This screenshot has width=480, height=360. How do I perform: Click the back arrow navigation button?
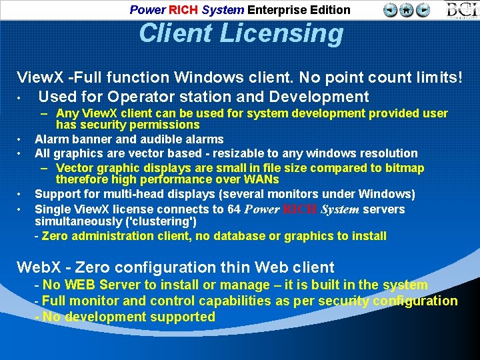pos(391,9)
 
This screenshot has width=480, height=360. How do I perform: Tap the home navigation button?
pos(407,9)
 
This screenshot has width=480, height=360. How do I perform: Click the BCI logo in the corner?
pos(461,9)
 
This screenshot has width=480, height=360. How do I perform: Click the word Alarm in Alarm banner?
pos(50,139)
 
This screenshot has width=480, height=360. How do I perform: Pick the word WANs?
pos(262,179)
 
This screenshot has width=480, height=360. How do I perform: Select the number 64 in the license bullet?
pos(233,209)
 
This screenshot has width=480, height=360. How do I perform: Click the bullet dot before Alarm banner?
pos(21,139)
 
